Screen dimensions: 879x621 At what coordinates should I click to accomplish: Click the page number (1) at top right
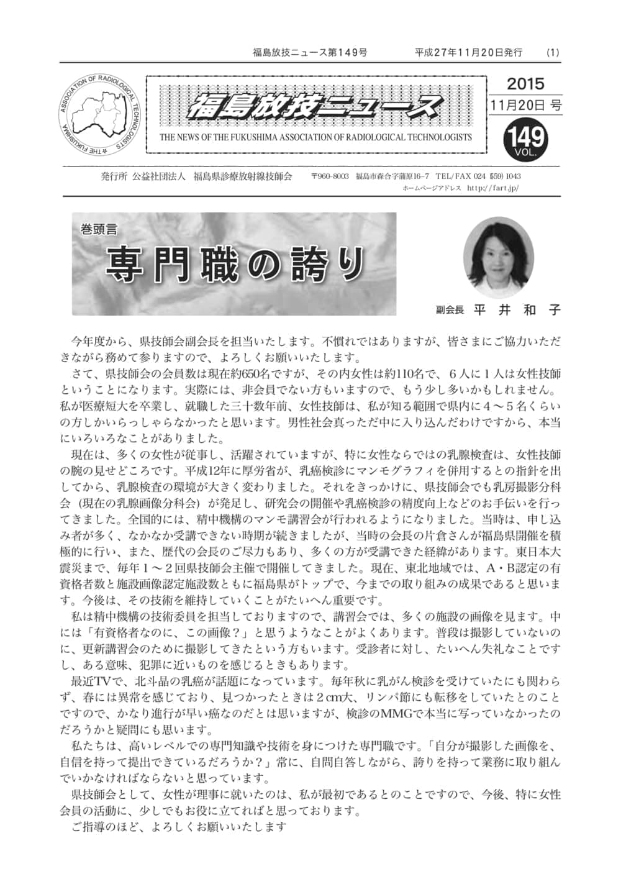click(x=553, y=53)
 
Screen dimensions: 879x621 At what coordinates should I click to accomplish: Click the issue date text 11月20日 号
click(x=525, y=106)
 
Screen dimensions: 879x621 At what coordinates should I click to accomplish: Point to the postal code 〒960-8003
click(x=329, y=176)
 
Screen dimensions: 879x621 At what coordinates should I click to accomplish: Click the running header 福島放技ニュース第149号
click(x=310, y=53)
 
